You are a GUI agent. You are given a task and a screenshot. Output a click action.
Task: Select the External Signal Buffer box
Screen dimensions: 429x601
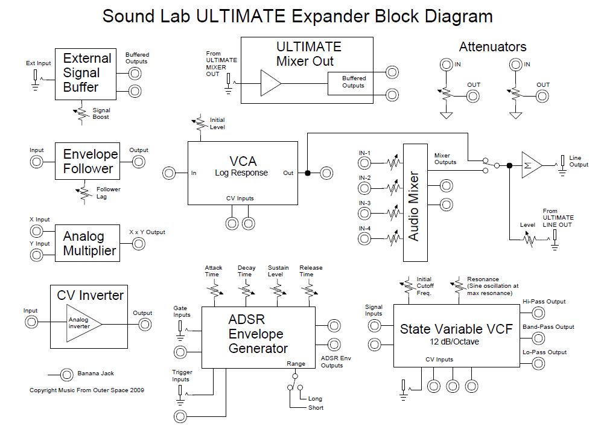(x=87, y=73)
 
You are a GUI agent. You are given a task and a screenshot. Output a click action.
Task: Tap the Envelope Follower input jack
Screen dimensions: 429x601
(x=37, y=162)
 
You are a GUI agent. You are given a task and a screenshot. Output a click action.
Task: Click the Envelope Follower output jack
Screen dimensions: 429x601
(x=139, y=162)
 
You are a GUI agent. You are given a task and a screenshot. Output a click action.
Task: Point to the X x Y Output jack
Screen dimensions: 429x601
(x=139, y=243)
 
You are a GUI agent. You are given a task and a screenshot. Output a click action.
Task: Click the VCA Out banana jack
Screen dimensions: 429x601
(x=326, y=173)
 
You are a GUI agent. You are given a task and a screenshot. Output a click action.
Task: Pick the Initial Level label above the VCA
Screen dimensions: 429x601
(x=217, y=124)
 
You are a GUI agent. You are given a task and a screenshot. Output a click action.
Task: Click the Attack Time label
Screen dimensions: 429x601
(x=214, y=271)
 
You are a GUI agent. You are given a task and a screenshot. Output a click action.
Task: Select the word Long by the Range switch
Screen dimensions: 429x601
(x=315, y=399)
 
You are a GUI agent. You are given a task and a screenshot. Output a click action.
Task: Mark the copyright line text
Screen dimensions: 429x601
(x=87, y=390)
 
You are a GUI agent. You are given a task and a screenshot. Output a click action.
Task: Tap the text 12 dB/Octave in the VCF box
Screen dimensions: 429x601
(x=456, y=343)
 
